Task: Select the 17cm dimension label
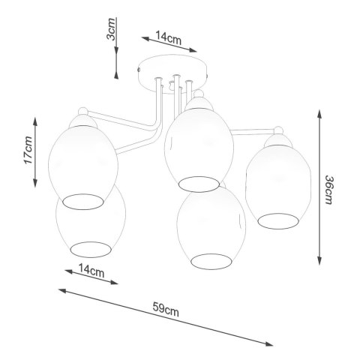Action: pos(27,151)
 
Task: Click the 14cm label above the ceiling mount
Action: pos(166,37)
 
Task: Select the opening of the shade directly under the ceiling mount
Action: pos(197,182)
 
